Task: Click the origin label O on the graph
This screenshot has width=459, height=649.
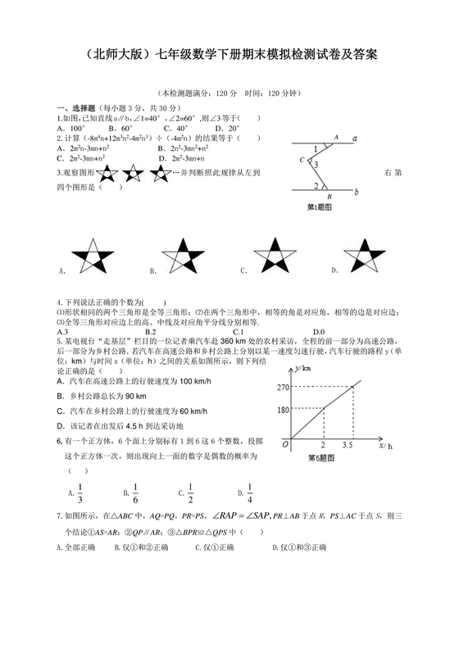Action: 284,445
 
